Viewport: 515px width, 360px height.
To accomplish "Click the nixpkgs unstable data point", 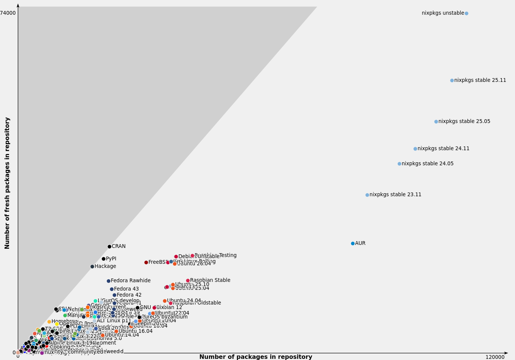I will tap(466, 14).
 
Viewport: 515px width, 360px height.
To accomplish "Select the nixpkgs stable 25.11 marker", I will tap(452, 80).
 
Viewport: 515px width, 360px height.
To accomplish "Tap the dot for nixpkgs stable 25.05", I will tap(436, 122).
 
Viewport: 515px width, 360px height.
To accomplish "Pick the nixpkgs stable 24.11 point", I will tap(415, 149).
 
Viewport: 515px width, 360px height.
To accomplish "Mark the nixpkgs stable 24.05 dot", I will tap(399, 164).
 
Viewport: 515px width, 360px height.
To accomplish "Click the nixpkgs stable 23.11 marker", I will tap(367, 195).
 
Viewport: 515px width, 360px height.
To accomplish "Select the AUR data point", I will tap(353, 243).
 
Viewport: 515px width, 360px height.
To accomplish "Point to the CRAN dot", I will tap(109, 246).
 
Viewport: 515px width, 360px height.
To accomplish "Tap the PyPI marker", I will tap(103, 259).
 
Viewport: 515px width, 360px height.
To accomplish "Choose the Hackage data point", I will tap(92, 266).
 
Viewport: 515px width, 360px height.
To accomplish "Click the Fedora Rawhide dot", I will tap(108, 281).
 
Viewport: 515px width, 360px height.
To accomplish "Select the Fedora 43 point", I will tap(112, 289).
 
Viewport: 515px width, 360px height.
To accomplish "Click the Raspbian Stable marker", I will tap(188, 281).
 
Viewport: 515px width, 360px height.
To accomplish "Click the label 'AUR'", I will tap(360, 243).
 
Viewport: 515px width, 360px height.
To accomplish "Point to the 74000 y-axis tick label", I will tap(8, 13).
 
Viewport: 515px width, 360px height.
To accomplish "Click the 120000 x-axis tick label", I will tap(495, 357).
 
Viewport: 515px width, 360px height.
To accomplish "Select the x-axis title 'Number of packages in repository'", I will tap(256, 357).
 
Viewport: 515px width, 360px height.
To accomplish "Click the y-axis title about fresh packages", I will tap(7, 183).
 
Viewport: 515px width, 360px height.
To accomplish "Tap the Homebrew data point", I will tap(49, 322).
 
